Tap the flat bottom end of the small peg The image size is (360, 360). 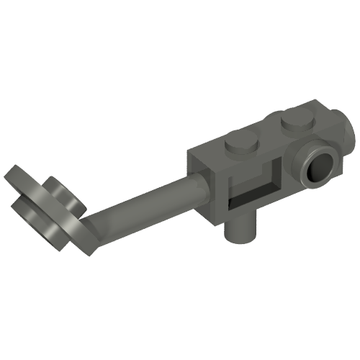click(240, 238)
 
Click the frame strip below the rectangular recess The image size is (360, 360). click(256, 210)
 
